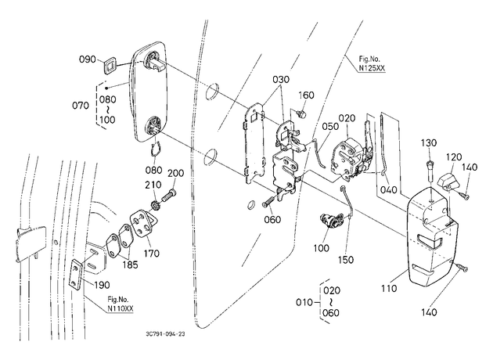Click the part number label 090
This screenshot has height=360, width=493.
tap(87, 59)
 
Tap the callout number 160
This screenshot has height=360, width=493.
tap(306, 95)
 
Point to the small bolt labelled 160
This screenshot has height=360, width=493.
tap(301, 113)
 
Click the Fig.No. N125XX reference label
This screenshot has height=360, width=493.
tap(372, 63)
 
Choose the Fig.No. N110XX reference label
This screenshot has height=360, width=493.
tap(120, 304)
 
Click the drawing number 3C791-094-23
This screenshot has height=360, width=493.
tap(165, 334)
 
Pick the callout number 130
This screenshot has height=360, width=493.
tap(429, 142)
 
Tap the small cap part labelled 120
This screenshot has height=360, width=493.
tap(448, 182)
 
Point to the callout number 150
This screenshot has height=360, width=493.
tap(346, 260)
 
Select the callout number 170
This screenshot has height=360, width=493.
tap(152, 253)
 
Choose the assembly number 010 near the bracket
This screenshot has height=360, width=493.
tap(304, 302)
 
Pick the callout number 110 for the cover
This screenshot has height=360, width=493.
tap(389, 288)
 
